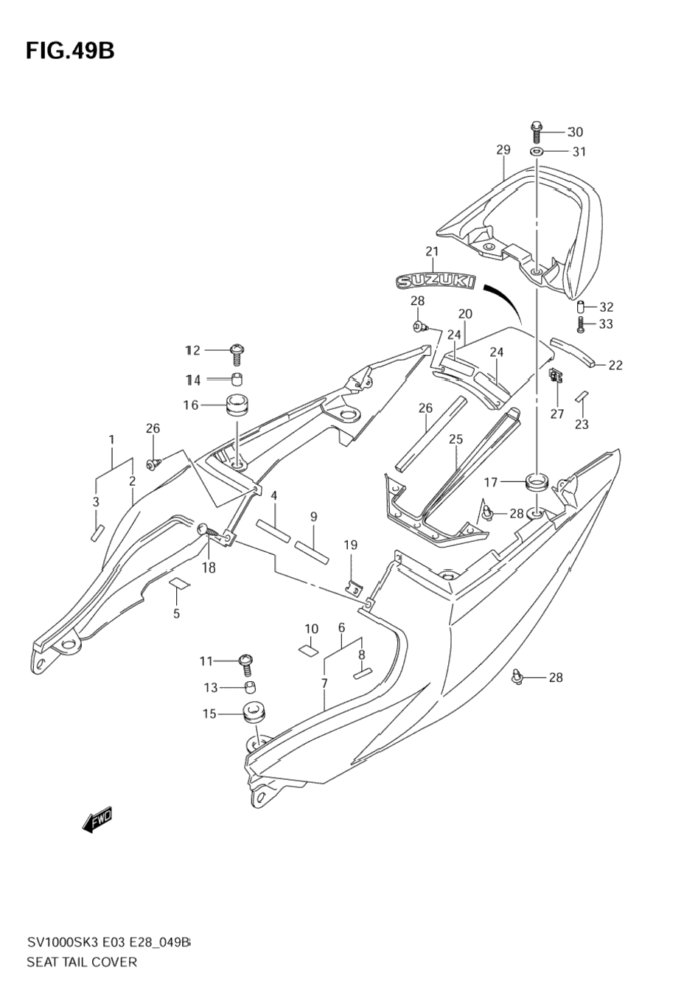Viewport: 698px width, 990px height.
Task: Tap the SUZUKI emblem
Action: point(436,280)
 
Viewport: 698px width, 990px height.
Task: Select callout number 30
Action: point(575,132)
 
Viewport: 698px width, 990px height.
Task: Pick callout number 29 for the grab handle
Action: point(503,150)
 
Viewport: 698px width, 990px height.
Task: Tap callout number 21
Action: point(431,251)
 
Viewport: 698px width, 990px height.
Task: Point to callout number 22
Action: point(615,365)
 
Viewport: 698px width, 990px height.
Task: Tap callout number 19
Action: point(351,545)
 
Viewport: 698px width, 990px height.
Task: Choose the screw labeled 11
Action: point(246,663)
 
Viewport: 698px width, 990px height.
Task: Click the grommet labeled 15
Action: point(254,714)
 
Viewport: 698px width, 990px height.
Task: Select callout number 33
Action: point(606,324)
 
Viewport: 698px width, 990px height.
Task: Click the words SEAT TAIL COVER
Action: point(82,961)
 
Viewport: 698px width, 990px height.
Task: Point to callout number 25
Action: point(456,439)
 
